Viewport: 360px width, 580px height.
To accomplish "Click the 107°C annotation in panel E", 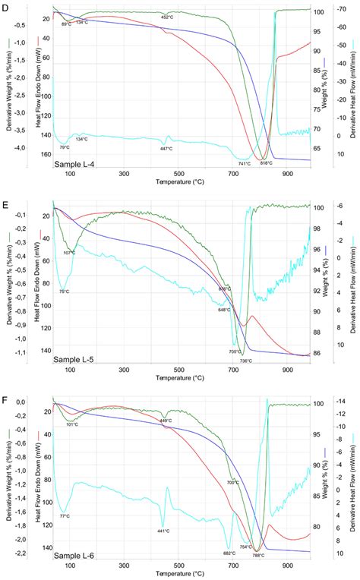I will click(x=69, y=252).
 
